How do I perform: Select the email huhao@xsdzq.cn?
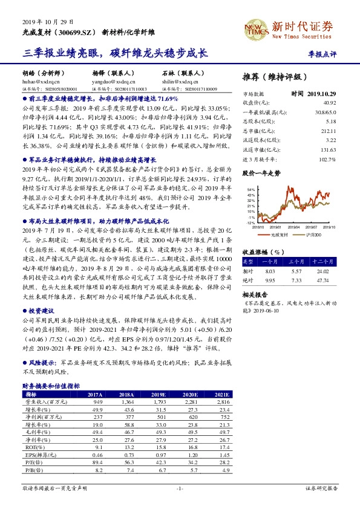click(38, 80)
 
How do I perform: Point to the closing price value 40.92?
click(329, 103)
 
